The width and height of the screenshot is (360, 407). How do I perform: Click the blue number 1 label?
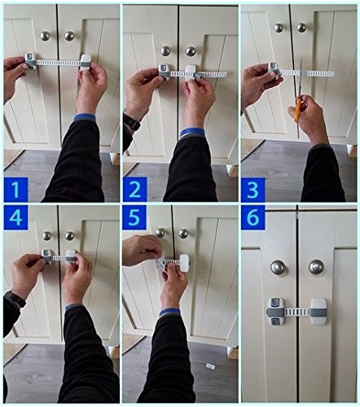(x=15, y=190)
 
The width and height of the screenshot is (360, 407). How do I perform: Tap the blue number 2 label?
(x=134, y=190)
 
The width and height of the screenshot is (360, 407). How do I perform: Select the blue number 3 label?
(x=252, y=190)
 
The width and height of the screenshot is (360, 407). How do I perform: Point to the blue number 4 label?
(x=15, y=217)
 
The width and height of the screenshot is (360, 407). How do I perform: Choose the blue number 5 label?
(x=134, y=217)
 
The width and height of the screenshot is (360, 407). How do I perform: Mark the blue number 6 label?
(x=252, y=217)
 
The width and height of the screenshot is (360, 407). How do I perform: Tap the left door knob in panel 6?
(x=279, y=268)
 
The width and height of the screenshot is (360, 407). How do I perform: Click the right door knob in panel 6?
(x=317, y=267)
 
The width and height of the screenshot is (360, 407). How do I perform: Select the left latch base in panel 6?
(x=275, y=312)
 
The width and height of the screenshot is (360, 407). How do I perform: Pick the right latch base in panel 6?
(x=318, y=312)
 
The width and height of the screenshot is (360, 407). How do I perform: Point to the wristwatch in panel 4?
(x=15, y=299)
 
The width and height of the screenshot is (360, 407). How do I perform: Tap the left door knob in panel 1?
(x=45, y=36)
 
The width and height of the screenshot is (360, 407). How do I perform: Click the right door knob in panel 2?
(x=191, y=51)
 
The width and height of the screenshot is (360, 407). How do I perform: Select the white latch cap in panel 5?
(x=184, y=263)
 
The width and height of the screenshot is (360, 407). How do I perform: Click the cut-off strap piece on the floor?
(x=210, y=365)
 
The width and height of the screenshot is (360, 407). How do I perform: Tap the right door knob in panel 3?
(x=301, y=28)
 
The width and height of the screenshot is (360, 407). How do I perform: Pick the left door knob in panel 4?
(x=46, y=236)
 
